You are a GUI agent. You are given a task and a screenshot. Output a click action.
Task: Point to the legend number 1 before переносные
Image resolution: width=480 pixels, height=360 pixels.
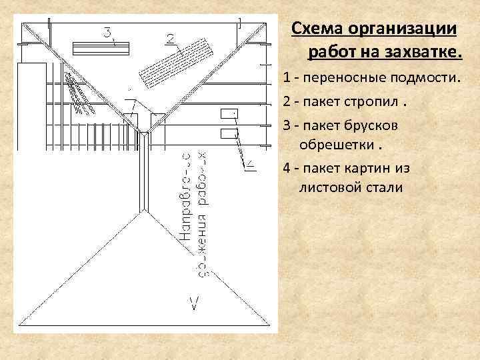286,78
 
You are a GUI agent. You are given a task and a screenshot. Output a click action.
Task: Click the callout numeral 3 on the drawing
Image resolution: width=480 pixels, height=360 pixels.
107,31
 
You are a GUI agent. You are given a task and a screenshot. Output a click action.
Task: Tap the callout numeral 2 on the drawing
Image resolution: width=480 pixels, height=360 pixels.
171,37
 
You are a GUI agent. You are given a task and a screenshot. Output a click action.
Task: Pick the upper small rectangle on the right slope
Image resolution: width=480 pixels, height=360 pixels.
229,113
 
